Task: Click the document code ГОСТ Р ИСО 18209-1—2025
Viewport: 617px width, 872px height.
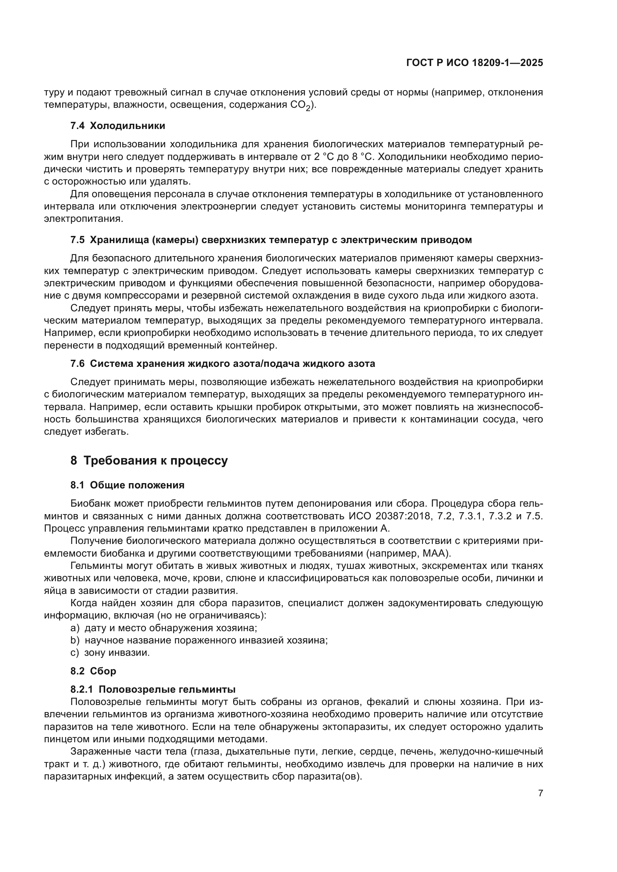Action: pos(475,63)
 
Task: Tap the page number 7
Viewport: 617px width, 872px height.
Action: pos(540,793)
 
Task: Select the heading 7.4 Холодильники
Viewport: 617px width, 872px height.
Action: pos(118,126)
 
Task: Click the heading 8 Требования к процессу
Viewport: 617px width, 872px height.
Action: pos(149,461)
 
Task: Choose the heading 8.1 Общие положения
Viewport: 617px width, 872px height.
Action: pos(127,485)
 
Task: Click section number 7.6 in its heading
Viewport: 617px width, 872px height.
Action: pos(78,363)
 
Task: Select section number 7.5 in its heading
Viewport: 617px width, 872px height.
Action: pos(78,240)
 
